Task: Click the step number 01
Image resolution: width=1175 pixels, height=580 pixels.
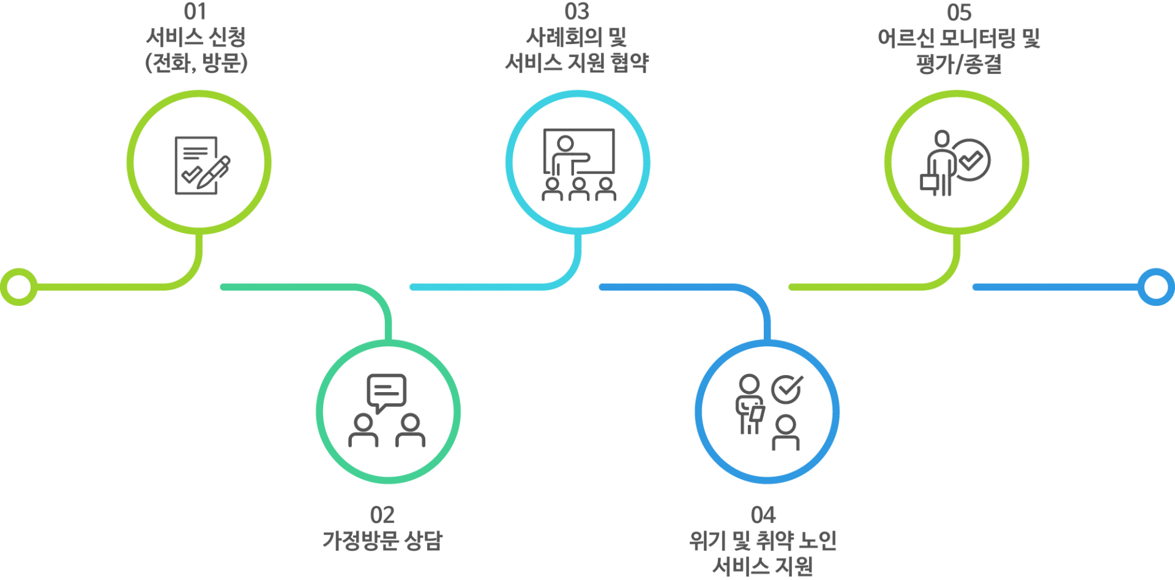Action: click(x=195, y=12)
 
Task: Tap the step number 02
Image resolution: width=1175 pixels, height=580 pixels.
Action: click(x=382, y=515)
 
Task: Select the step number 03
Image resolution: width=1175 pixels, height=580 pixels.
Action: click(x=576, y=12)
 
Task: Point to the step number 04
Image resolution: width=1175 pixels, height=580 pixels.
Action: click(x=763, y=515)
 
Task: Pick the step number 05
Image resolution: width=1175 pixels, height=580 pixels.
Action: click(x=958, y=12)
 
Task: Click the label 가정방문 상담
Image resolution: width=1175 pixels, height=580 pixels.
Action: click(x=382, y=541)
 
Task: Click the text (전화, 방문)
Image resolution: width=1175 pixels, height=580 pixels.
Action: click(x=196, y=63)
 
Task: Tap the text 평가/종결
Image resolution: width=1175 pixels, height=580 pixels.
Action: click(x=958, y=64)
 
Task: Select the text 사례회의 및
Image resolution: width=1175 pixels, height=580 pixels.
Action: click(x=576, y=38)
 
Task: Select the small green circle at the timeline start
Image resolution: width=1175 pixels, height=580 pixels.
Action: click(x=19, y=286)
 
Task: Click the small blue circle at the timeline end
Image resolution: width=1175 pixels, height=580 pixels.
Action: click(x=1155, y=286)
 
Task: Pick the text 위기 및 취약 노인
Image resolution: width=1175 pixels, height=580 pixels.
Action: click(x=763, y=541)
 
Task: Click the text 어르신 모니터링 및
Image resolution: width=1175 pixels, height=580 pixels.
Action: click(x=958, y=39)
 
